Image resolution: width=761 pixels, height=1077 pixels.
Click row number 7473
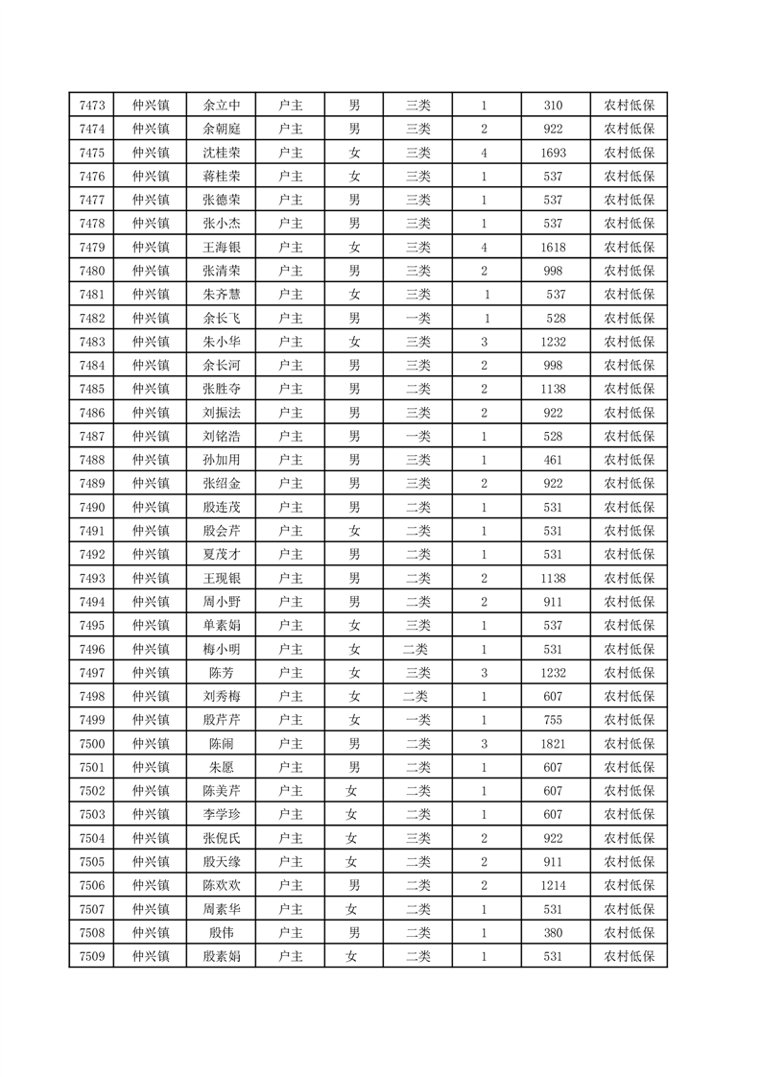tap(92, 106)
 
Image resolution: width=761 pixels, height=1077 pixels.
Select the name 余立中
tap(222, 106)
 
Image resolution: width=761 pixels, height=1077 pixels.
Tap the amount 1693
tap(553, 153)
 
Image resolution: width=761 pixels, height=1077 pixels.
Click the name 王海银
tap(222, 247)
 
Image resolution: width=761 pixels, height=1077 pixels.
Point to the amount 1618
tap(553, 247)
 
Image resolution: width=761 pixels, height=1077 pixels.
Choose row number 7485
tap(92, 389)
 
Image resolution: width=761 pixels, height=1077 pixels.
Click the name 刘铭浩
tap(222, 436)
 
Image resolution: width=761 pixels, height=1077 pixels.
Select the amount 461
tap(553, 460)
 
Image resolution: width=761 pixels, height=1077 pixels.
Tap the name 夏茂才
tap(222, 554)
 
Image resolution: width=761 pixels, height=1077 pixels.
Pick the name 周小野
tap(222, 602)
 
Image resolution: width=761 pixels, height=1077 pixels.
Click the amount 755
tap(553, 720)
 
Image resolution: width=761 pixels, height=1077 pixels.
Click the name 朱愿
tap(222, 767)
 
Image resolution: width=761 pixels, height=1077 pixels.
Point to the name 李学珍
tap(222, 814)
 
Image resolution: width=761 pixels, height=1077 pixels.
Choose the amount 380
tap(553, 932)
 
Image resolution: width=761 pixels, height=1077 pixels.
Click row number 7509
tap(92, 956)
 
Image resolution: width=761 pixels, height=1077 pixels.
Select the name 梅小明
tap(222, 649)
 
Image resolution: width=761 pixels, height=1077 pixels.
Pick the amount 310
tap(553, 106)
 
